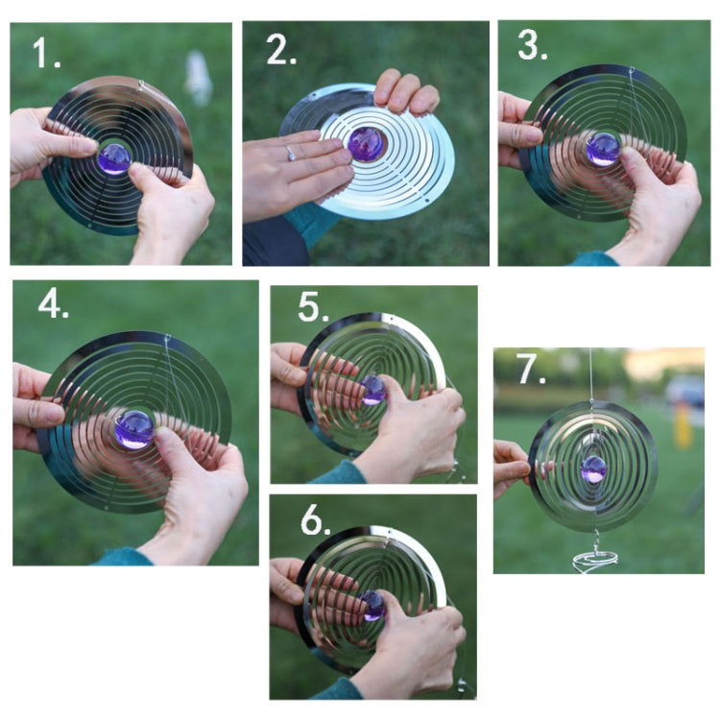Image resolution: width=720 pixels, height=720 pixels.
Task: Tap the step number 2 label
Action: coord(280,49)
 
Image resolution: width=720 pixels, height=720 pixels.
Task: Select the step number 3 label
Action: coord(532,45)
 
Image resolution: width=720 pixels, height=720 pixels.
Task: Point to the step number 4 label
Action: coord(54,303)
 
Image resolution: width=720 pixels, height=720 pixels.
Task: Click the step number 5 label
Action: coord(312,307)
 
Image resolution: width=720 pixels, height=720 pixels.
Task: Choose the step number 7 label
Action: coord(531,372)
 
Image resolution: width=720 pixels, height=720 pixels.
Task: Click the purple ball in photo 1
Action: coord(114,157)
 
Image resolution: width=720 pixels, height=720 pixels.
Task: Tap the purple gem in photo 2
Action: coord(366,144)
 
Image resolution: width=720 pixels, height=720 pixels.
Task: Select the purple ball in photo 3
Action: coord(603,149)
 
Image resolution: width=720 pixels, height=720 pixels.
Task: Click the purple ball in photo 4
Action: coord(134,429)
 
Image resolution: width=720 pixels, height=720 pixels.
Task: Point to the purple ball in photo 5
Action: coord(373,389)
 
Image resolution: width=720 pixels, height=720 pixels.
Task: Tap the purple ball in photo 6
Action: coord(372,605)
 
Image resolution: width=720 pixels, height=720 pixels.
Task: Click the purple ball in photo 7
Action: coord(594,469)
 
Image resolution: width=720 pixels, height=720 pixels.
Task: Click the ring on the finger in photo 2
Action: coord(291,153)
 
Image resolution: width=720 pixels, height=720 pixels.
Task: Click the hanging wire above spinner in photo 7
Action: coord(591,379)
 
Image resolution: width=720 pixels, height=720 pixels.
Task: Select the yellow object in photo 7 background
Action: coord(683,428)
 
